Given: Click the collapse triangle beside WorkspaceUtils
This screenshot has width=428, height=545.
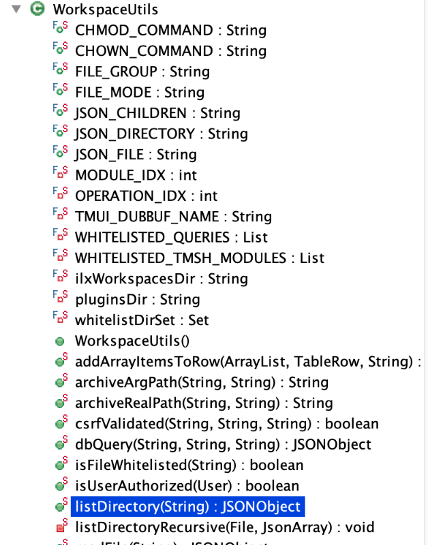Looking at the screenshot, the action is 16,10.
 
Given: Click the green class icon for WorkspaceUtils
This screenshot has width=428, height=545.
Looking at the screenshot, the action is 38,10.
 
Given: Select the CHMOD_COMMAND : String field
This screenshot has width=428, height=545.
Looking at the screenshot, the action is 170,30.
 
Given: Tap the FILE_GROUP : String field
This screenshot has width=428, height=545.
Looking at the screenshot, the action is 142,72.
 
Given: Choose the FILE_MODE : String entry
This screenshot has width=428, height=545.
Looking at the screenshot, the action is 140,92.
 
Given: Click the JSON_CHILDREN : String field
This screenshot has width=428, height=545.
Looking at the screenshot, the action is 157,113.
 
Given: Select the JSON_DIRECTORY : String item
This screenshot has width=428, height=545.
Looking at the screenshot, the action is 162,134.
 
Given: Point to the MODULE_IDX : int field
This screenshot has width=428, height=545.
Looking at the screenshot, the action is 136,175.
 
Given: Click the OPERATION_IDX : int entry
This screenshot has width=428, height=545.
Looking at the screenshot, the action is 146,196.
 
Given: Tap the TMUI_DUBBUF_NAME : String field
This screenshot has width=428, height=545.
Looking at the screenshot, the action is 173,217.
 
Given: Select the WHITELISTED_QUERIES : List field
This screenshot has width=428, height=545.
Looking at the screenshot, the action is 171,237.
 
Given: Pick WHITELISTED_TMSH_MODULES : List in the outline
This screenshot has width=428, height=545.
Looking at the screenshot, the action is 200,258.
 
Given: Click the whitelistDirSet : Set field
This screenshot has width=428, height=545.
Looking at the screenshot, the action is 142,320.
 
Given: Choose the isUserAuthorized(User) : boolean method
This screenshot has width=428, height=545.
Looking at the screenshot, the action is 187,486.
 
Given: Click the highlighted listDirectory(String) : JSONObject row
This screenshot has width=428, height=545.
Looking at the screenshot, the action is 187,507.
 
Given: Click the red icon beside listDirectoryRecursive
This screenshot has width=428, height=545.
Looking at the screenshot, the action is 60,527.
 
